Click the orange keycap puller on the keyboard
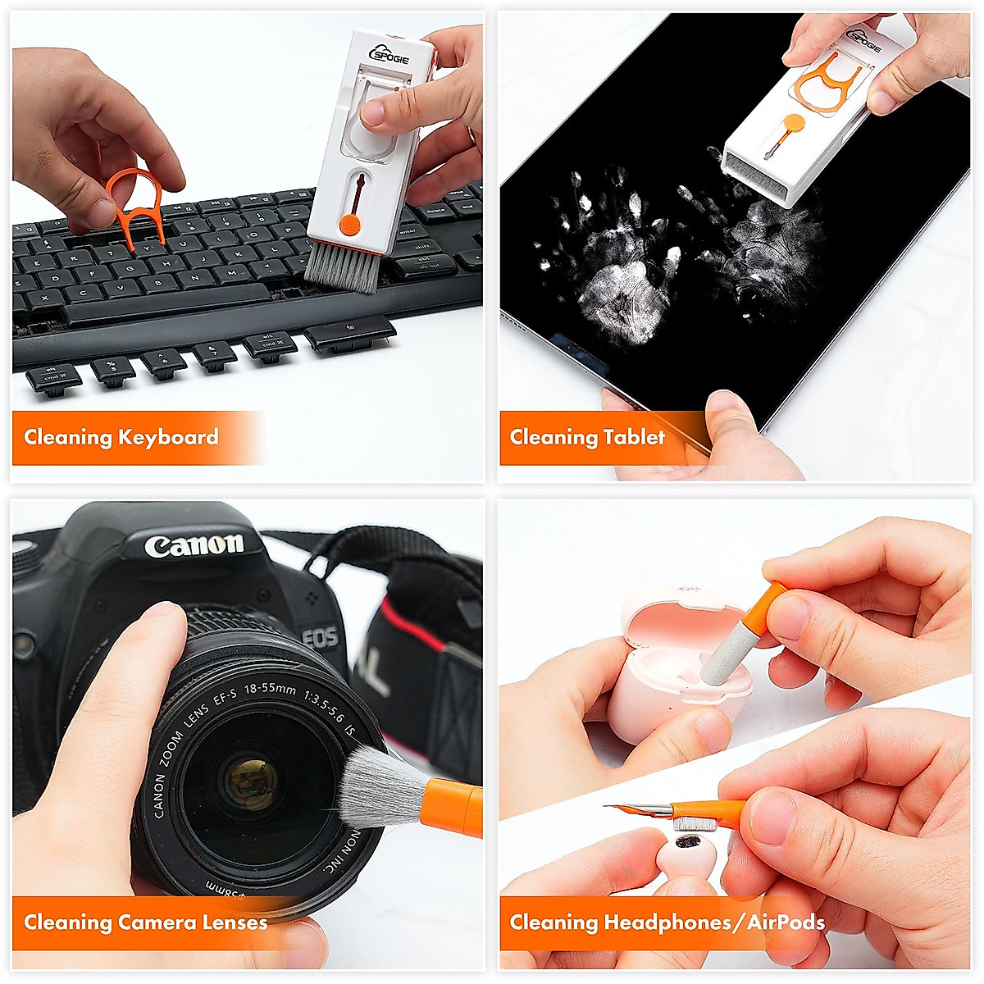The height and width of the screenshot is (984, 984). tap(136, 205)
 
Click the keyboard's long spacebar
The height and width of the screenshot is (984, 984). tap(164, 306)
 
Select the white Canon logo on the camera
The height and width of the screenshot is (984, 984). tap(194, 545)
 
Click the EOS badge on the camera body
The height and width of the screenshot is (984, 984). tap(319, 636)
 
